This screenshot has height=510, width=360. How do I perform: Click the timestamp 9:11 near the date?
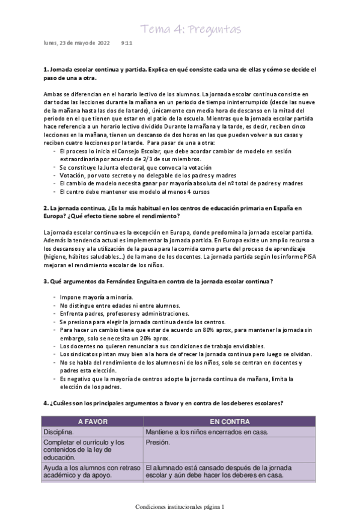[126, 43]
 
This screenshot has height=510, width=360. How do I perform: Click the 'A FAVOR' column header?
[92, 422]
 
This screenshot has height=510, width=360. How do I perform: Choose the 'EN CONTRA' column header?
[229, 422]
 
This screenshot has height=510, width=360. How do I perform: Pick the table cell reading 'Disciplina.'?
[58, 432]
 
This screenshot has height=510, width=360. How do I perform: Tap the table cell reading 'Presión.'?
[157, 443]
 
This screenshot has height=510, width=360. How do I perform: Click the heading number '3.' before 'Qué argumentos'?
[46, 281]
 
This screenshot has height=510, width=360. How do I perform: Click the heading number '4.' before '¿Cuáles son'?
[46, 402]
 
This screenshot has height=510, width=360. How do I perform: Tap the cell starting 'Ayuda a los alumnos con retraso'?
[90, 468]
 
